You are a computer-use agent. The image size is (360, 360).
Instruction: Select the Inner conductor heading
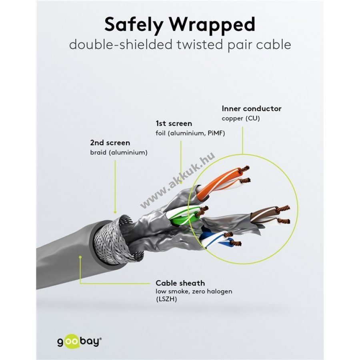[x=252, y=108]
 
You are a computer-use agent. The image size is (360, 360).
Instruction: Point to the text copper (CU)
[x=241, y=118]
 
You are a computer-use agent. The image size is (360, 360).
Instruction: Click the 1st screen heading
[x=174, y=124]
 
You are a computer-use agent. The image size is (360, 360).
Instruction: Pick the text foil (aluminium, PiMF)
[x=190, y=133]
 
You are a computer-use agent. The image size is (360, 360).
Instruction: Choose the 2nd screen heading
[x=110, y=143]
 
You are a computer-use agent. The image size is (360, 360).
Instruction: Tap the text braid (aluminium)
[x=119, y=152]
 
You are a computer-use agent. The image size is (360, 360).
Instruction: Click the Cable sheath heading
[x=180, y=283]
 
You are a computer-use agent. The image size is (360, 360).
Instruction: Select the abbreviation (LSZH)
[x=166, y=299]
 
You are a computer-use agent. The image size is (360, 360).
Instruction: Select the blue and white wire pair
[x=218, y=240]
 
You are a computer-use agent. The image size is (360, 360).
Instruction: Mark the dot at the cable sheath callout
[x=80, y=257]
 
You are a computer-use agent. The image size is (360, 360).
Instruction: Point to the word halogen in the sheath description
[x=219, y=292]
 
